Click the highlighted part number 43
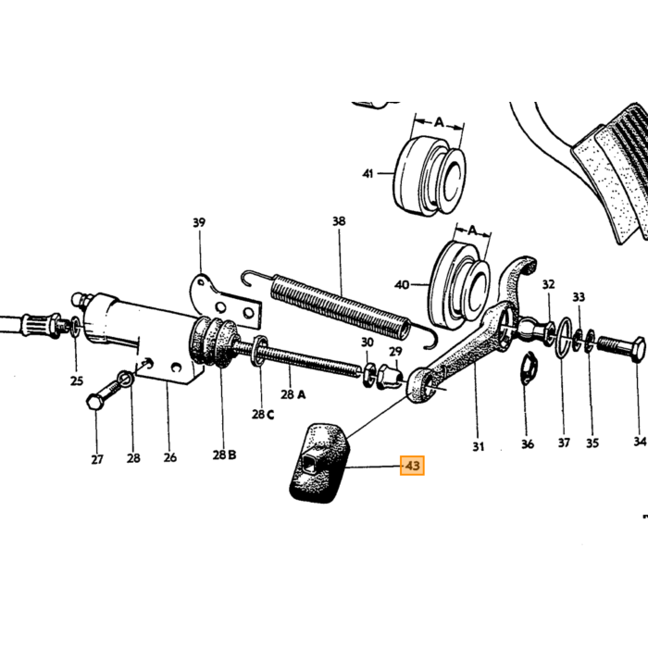point(412,466)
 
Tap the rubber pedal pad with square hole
point(319,463)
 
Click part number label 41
point(368,174)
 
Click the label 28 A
point(293,394)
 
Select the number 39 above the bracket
point(199,223)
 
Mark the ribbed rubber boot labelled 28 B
point(213,341)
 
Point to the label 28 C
point(263,414)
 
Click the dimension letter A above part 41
point(439,122)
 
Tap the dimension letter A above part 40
point(472,230)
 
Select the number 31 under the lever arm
point(479,446)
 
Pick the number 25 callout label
point(77,380)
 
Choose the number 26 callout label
point(169,457)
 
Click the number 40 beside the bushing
point(402,285)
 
